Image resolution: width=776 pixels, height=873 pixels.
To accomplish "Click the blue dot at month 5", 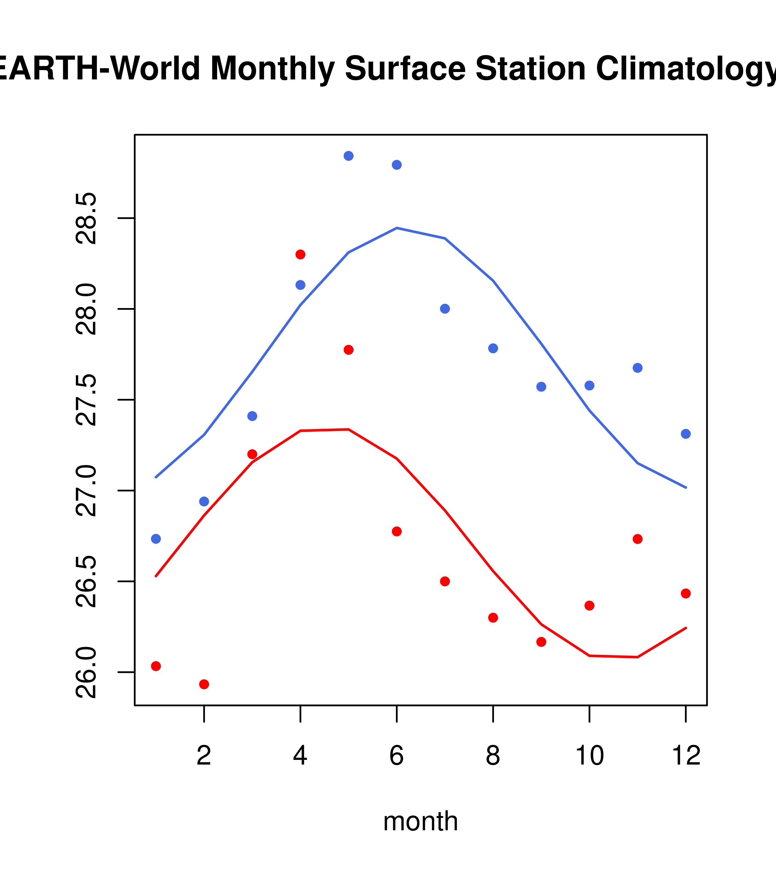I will tap(349, 156).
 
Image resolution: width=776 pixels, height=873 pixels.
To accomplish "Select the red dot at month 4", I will tap(300, 255).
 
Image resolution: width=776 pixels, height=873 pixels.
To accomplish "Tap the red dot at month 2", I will tap(204, 684).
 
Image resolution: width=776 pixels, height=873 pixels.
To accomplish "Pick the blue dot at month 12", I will tap(685, 434).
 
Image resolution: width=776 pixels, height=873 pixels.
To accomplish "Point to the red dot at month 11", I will tap(637, 539).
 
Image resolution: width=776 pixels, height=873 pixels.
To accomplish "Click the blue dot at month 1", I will tap(156, 539).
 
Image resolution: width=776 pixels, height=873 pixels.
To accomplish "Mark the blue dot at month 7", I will tap(445, 309).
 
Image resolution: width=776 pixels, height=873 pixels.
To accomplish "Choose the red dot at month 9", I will tap(541, 642).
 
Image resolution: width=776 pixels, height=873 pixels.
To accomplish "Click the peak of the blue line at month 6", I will tap(397, 228).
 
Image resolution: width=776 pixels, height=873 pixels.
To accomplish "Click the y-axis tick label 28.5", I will tap(87, 218).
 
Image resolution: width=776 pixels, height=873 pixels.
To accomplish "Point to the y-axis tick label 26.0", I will tap(87, 672).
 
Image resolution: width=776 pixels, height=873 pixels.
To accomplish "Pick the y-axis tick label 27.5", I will tap(87, 400).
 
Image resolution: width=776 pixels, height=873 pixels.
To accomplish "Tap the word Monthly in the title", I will tap(272, 68).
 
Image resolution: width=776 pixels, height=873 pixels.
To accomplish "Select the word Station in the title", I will tap(530, 68).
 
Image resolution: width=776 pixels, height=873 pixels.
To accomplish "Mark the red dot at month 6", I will tap(397, 531).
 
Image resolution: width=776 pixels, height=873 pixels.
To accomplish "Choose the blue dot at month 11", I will tap(637, 368).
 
